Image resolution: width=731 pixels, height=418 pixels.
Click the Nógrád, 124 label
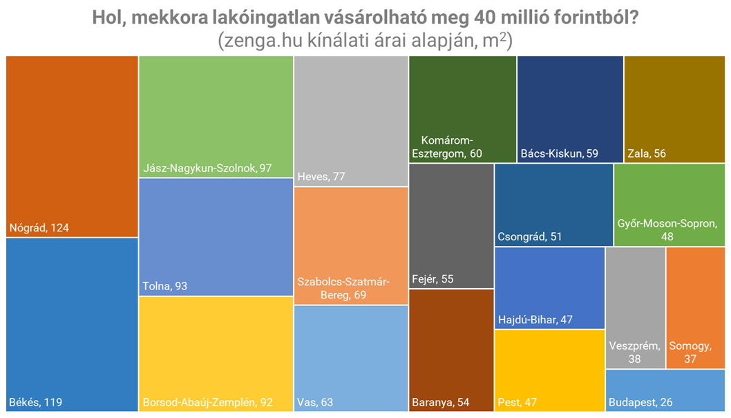39,227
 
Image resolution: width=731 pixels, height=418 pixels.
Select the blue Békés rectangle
72,325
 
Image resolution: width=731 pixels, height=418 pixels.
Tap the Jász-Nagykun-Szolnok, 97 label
207,169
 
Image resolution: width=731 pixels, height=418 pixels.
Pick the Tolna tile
216,236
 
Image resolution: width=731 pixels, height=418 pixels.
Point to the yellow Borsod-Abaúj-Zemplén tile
216,354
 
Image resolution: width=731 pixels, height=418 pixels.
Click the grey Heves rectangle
350,121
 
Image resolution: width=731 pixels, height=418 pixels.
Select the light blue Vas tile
350,358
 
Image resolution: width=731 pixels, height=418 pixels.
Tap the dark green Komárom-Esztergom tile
462,109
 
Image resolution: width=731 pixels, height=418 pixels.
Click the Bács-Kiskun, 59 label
560,153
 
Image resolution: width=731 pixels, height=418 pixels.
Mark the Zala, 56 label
647,153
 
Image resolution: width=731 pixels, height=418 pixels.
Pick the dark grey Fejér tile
451,225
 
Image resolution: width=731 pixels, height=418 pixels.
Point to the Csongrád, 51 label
530,237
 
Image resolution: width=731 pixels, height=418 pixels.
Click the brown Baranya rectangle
451,350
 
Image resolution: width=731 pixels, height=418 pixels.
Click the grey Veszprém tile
635,307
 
